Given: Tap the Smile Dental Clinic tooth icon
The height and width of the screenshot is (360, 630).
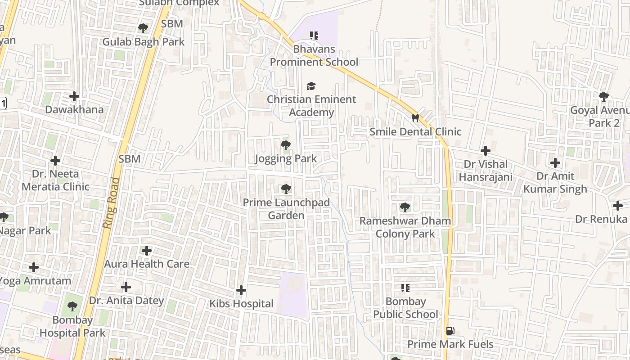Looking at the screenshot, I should point(415,118).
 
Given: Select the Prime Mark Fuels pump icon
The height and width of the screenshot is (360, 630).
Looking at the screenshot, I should point(450,331).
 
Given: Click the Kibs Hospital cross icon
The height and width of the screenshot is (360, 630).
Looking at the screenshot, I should point(241,290).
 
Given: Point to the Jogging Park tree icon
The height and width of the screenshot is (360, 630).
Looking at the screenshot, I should point(285,145).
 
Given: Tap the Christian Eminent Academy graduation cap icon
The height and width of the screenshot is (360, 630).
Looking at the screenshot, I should point(311,86).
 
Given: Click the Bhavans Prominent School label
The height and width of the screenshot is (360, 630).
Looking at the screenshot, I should point(314,55).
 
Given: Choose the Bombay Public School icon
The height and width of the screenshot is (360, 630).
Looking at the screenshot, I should point(405,288).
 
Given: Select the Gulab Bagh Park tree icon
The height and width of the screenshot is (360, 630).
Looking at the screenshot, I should point(143,28).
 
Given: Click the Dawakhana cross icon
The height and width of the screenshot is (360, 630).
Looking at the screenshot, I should point(74,96).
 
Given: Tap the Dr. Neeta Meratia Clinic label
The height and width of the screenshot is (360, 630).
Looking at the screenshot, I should point(55,180).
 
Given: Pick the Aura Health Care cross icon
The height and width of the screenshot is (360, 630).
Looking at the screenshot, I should point(147,251).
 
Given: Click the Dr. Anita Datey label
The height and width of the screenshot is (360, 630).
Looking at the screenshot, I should point(126,300).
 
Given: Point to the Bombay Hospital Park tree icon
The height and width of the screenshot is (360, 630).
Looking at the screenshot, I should point(72,307).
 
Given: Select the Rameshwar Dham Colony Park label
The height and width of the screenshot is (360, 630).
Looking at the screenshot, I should point(405,227).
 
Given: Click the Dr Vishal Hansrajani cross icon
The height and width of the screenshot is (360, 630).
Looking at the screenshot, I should point(485,151).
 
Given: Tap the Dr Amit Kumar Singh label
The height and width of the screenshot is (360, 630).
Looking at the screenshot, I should point(555,182).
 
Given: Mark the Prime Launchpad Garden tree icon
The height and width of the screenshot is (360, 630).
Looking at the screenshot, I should point(286,189).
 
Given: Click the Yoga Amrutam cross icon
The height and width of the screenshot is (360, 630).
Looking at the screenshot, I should point(34,268).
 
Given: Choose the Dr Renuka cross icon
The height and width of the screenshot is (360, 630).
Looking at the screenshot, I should point(618,206).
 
